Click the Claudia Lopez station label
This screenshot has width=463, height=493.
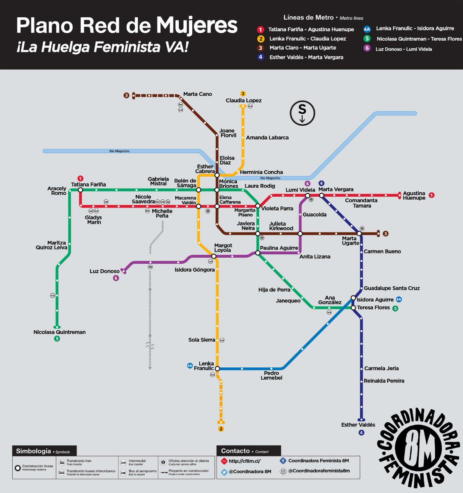pos(243,101)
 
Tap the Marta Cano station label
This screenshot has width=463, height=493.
pos(198,94)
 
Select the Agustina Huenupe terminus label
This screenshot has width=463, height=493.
pos(414,196)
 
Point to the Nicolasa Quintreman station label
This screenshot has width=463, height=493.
pos(59,332)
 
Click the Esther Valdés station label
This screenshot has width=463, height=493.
pos(358,425)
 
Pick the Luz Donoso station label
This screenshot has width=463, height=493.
pos(105,271)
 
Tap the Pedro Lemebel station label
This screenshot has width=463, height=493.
pos(271,376)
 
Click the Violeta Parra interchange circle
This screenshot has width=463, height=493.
pos(258,206)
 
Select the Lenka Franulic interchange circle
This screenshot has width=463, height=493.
pos(217,369)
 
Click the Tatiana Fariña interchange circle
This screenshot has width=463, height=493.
pos(80,190)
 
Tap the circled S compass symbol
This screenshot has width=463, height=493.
pos(302,113)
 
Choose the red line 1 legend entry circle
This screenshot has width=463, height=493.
pos(260,30)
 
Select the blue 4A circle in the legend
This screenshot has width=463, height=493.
pos(367,29)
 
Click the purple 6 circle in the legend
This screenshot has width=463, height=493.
pos(367,48)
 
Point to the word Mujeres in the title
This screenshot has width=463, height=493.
pos(196,26)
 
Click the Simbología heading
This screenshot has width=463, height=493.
pos(33,451)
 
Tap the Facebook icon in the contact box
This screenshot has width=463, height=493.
pos(283,461)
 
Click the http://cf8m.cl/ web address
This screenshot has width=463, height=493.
pos(245,461)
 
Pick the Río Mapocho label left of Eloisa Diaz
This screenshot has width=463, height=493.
pos(119,151)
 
